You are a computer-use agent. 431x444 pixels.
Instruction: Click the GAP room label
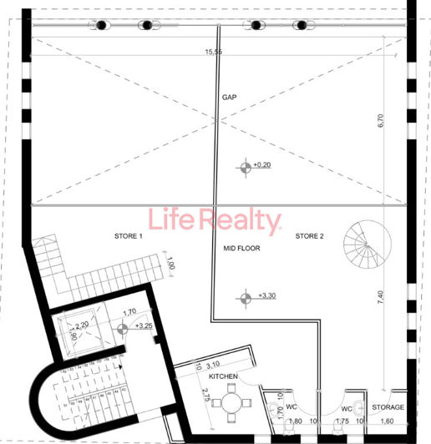tap(231, 98)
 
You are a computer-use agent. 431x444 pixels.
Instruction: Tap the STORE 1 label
tap(129, 236)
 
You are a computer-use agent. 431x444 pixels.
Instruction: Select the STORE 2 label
tap(309, 236)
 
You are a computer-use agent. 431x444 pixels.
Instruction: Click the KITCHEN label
tap(224, 378)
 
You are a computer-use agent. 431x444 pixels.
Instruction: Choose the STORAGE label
tap(388, 407)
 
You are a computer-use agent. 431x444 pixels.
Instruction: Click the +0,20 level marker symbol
tap(246, 166)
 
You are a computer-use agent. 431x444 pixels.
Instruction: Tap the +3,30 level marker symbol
tap(246, 296)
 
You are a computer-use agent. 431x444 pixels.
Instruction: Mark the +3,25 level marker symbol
tap(120, 327)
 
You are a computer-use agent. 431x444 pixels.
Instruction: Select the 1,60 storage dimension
tap(387, 421)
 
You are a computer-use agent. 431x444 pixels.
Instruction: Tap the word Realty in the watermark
tap(242, 221)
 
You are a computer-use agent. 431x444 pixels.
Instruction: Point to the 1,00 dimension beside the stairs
tap(170, 265)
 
